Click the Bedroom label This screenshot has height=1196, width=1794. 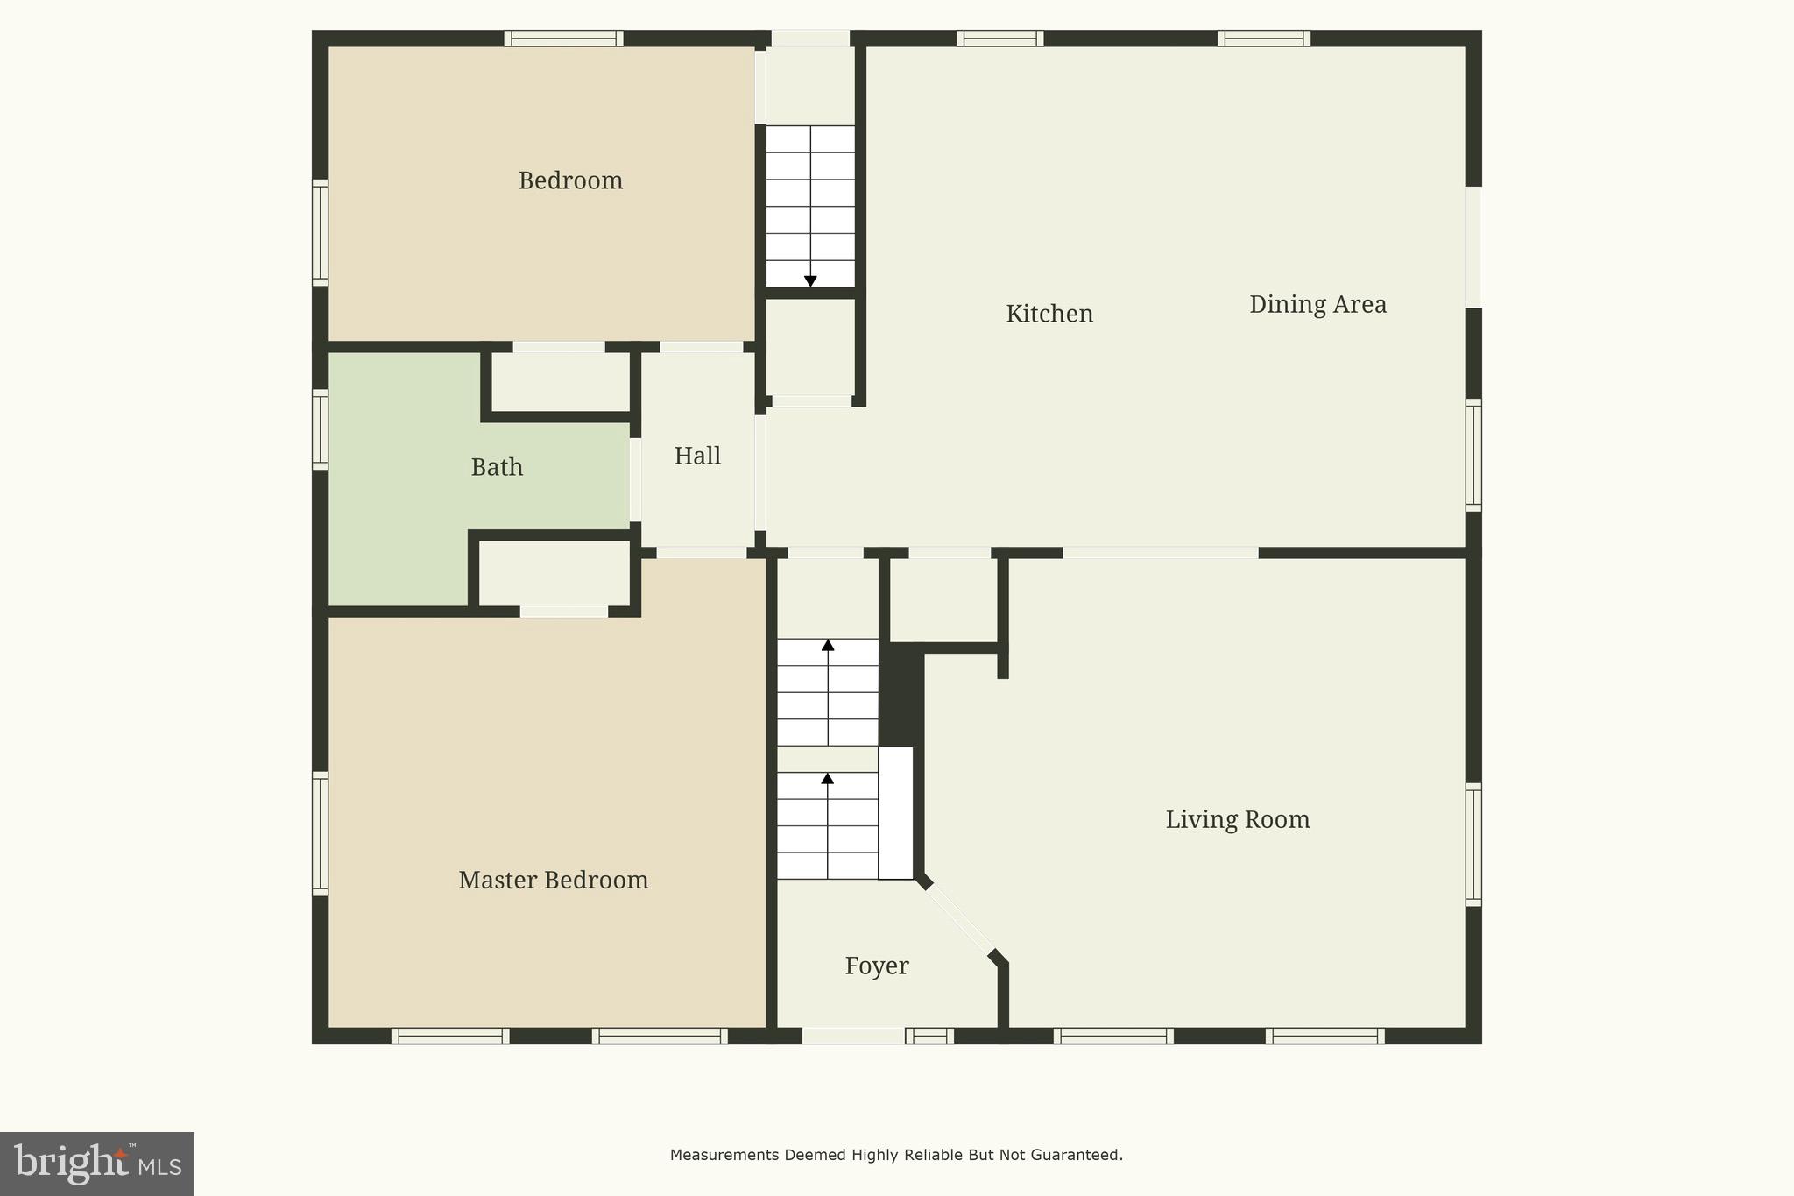pos(570,180)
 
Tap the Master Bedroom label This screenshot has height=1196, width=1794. pos(553,880)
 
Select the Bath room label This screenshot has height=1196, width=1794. pos(497,467)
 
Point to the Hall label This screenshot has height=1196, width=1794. pos(697,456)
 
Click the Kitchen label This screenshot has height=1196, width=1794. pos(1049,314)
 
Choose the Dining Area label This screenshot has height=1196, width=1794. pos(1317,304)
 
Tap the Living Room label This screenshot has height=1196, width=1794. pos(1237,819)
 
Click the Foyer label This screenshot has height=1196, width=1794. pos(876,966)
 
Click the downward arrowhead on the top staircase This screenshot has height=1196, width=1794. pos(810,281)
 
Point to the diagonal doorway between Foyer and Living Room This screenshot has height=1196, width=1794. pos(960,919)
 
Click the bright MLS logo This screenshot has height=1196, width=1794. pos(96,1164)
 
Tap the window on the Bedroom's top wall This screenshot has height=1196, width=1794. pos(563,39)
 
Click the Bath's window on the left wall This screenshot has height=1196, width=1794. pos(321,429)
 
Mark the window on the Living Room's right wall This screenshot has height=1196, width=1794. pos(1473,845)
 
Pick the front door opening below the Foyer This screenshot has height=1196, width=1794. pos(853,1036)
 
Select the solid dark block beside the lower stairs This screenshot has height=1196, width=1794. pos(901,694)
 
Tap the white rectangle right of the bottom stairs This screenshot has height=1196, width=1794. pos(895,812)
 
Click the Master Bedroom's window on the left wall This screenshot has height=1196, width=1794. pos(321,833)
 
